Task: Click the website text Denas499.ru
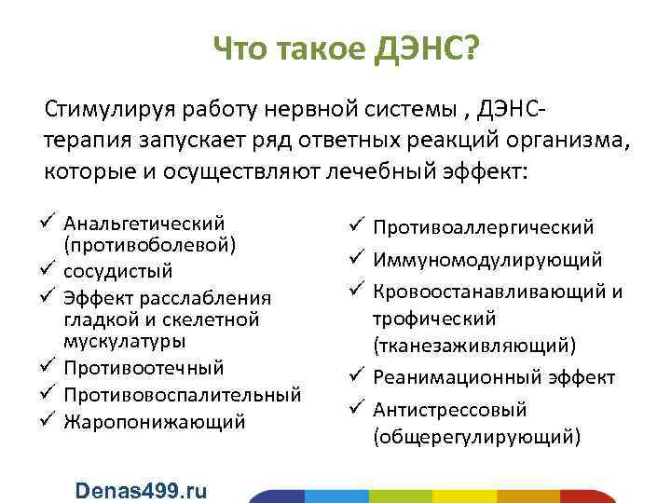click(x=141, y=490)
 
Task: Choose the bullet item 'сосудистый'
click(x=117, y=271)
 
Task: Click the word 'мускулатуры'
click(x=125, y=341)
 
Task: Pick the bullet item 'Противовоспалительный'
click(x=182, y=395)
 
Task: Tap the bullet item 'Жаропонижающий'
click(x=154, y=422)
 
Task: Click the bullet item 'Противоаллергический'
click(x=484, y=226)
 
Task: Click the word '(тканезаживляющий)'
click(x=474, y=345)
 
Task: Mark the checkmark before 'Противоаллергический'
click(x=360, y=225)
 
